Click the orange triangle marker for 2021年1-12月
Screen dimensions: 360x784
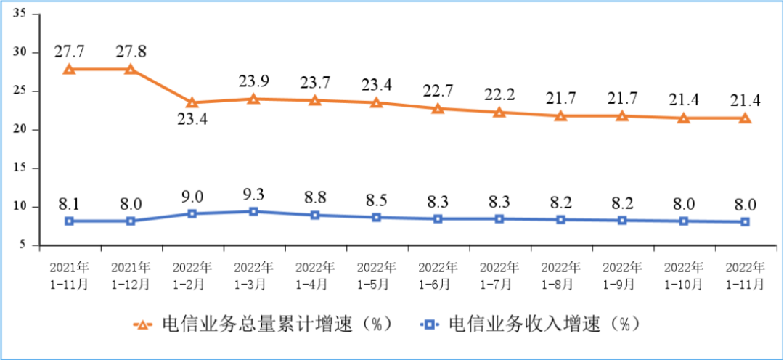point(131,70)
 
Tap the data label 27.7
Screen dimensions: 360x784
point(69,52)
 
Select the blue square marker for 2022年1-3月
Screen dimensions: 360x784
point(253,211)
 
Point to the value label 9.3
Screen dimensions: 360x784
point(253,195)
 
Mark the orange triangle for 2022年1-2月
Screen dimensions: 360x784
point(192,102)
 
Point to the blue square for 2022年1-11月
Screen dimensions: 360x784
point(745,221)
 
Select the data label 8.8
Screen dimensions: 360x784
point(314,198)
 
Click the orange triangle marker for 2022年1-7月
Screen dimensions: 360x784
point(499,112)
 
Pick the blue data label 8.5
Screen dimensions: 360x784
point(376,200)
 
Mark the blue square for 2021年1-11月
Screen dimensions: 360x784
point(69,221)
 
